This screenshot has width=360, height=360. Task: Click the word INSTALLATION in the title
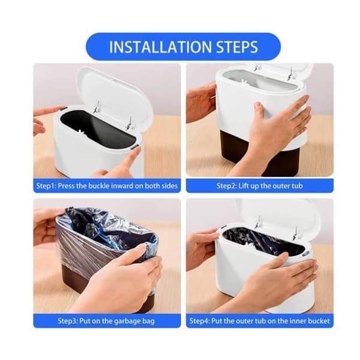160,47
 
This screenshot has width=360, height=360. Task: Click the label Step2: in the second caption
227,186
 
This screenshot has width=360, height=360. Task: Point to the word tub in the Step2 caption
297,185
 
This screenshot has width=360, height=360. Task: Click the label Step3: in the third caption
67,321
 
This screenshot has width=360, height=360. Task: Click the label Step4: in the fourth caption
200,321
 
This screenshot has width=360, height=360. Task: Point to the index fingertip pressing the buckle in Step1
139,149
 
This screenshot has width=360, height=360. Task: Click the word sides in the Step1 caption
169,185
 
